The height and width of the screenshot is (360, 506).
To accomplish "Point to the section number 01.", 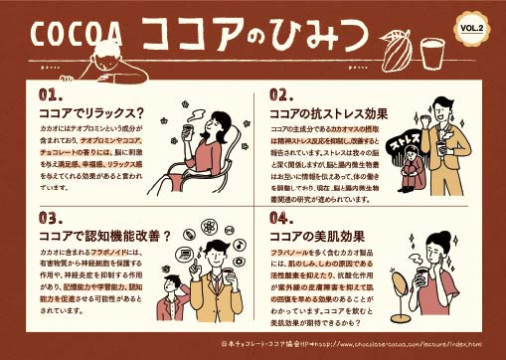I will pyautogui.click(x=53, y=95).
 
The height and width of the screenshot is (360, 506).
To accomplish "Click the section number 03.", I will pyautogui.click(x=52, y=217).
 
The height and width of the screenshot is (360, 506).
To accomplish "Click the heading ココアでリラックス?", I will pyautogui.click(x=91, y=113).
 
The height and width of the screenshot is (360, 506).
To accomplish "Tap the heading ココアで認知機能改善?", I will pyautogui.click(x=105, y=235).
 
